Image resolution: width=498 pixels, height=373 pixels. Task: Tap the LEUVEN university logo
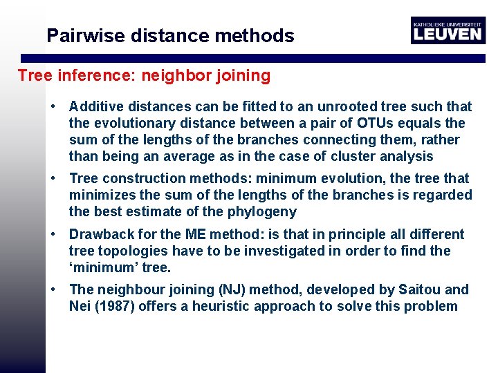[447, 30]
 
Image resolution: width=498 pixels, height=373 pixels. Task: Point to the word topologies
[131, 251]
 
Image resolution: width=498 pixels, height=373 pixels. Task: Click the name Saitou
[422, 289]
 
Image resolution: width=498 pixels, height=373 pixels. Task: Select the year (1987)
[111, 306]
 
